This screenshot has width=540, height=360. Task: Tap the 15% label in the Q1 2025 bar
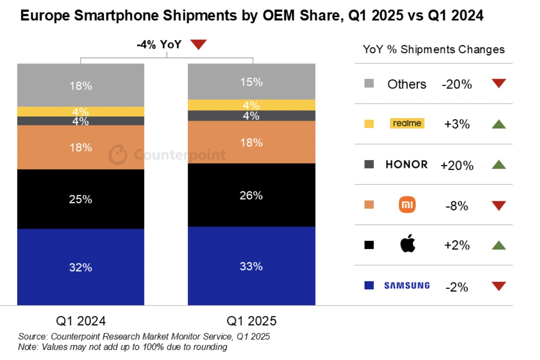(x=251, y=82)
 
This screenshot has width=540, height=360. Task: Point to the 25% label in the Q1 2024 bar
(x=81, y=199)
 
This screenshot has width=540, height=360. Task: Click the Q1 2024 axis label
(x=81, y=321)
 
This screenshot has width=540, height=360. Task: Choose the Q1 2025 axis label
(x=251, y=321)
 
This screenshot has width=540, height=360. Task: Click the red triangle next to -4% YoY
(x=198, y=44)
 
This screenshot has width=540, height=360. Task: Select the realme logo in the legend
(x=407, y=123)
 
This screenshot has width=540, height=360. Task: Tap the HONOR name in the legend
(x=406, y=164)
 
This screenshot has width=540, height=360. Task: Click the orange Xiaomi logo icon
(x=407, y=205)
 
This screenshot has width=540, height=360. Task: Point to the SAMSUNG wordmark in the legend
(x=407, y=286)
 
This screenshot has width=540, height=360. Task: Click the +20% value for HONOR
(x=457, y=165)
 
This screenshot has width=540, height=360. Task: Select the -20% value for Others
(x=457, y=84)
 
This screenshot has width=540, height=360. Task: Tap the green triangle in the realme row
(x=499, y=124)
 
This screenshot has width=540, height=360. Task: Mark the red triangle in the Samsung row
(x=499, y=286)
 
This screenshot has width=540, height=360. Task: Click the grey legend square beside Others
(x=369, y=84)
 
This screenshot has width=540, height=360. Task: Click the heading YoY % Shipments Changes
(x=434, y=50)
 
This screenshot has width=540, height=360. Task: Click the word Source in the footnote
(x=31, y=336)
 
